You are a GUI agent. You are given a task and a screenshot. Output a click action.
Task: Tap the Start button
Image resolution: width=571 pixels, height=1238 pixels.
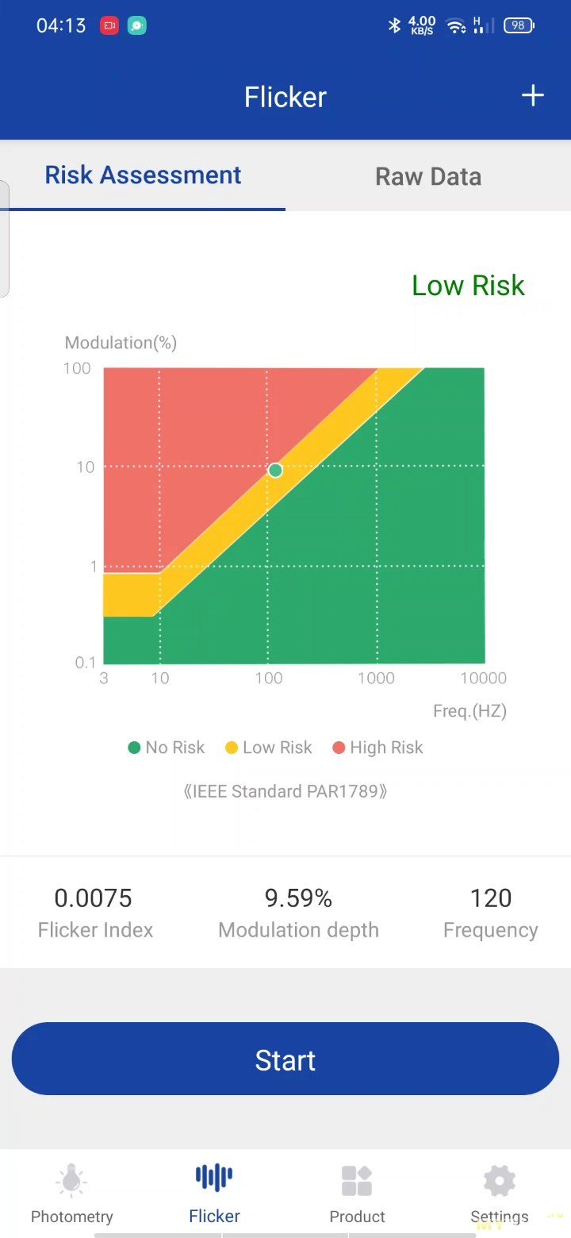[285, 1059]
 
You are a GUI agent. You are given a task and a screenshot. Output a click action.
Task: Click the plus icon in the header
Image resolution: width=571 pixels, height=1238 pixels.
[532, 96]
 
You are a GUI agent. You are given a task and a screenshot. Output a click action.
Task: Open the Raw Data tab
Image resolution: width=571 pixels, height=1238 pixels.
[428, 176]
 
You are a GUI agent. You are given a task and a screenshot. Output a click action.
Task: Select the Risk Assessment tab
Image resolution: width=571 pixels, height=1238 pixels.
[143, 175]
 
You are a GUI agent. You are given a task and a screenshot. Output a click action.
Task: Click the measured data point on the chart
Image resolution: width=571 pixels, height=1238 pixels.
[275, 471]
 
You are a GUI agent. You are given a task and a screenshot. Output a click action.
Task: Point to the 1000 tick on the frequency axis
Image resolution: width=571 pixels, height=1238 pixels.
[376, 679]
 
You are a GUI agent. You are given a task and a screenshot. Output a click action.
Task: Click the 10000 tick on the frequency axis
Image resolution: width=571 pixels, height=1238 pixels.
[483, 679]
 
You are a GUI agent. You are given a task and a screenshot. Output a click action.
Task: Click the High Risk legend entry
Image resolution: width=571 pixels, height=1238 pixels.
[378, 748]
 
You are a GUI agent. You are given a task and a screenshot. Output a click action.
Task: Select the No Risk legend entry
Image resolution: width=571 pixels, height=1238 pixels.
[167, 748]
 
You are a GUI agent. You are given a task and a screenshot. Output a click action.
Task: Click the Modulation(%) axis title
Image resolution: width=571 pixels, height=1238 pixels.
[121, 343]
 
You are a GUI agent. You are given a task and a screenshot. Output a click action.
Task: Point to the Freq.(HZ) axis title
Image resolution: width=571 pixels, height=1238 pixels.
[469, 711]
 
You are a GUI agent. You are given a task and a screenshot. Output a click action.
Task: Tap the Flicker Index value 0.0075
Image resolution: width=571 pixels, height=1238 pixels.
[94, 898]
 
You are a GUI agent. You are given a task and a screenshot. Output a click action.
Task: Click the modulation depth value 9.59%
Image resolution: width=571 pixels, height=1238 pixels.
[298, 898]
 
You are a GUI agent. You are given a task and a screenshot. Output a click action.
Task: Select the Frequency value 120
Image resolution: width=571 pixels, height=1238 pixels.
[491, 898]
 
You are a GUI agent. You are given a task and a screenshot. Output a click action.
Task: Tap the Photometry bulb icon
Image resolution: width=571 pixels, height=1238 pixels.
[71, 1181]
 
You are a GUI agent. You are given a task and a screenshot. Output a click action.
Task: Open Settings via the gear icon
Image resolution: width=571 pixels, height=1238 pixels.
[500, 1181]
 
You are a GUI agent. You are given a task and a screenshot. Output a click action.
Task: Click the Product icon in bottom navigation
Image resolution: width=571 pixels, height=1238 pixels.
[357, 1181]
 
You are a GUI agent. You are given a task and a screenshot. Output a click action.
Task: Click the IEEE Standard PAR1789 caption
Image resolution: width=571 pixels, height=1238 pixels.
[285, 792]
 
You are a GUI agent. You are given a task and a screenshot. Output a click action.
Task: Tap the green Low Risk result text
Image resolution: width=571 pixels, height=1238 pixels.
[468, 286]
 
